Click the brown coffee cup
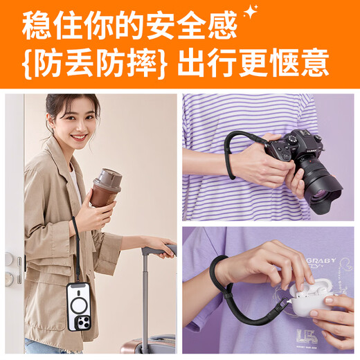coord(105,190)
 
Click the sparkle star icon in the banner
coord(250,10)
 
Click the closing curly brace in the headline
coord(163,64)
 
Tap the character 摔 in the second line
coord(142,64)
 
